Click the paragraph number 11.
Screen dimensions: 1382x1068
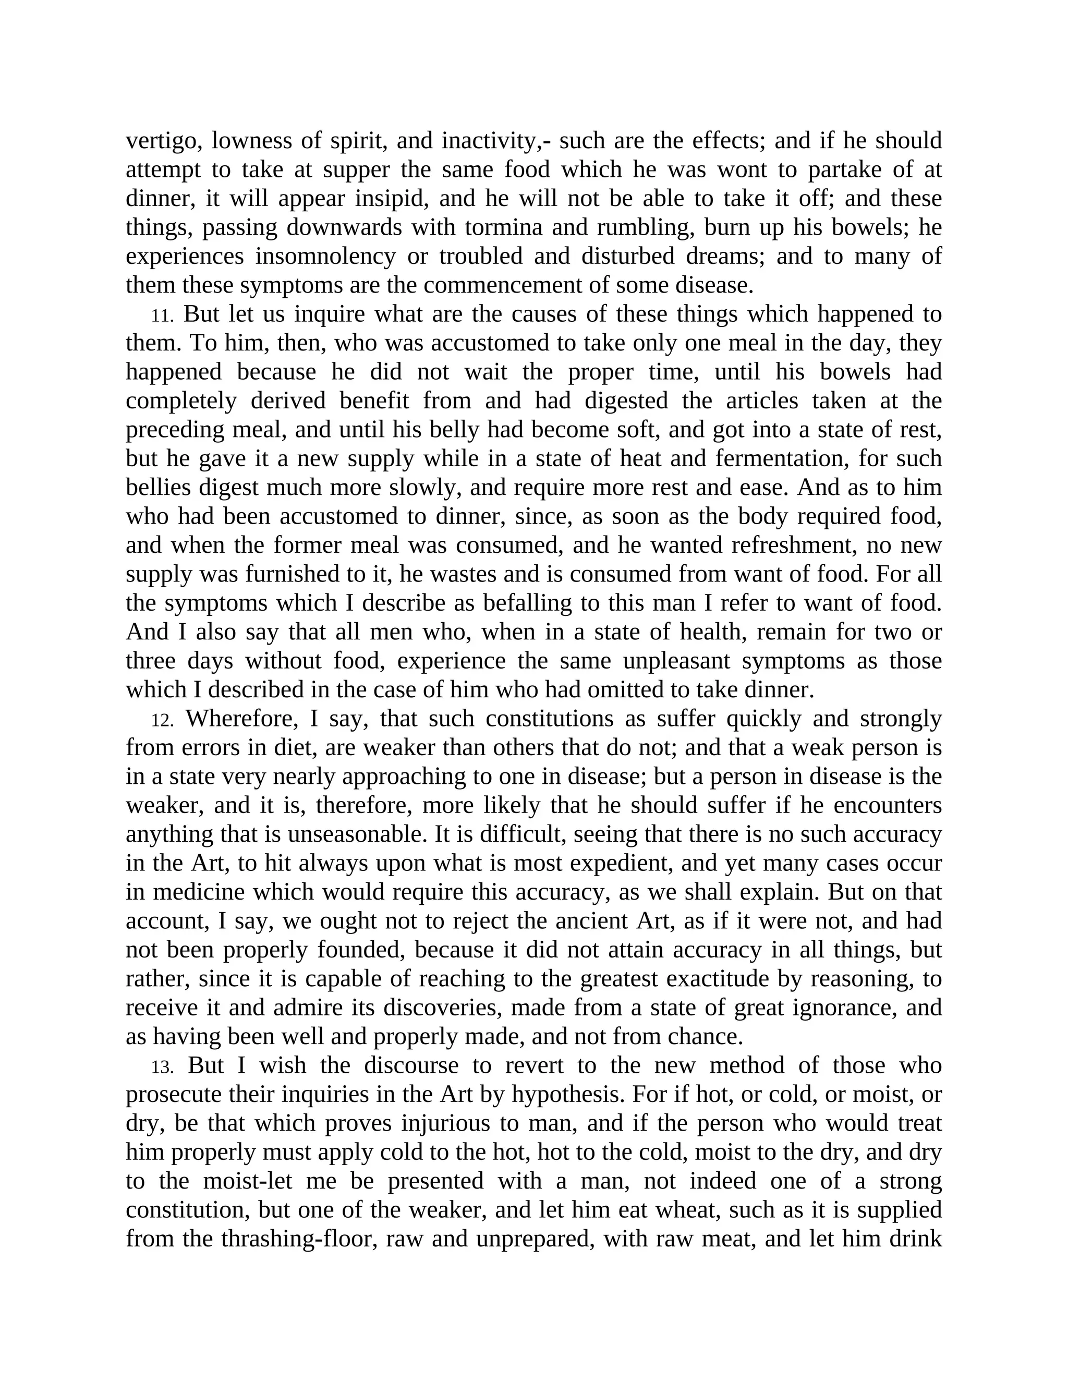[162, 315]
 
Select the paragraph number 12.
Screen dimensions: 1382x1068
[162, 720]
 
